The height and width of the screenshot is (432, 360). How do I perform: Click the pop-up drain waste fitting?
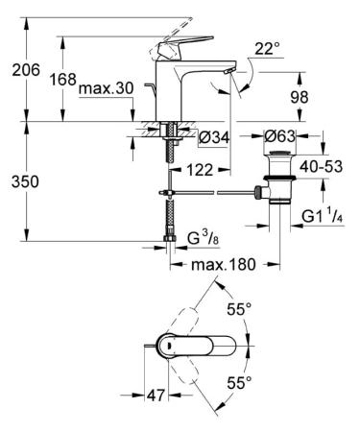280,178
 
